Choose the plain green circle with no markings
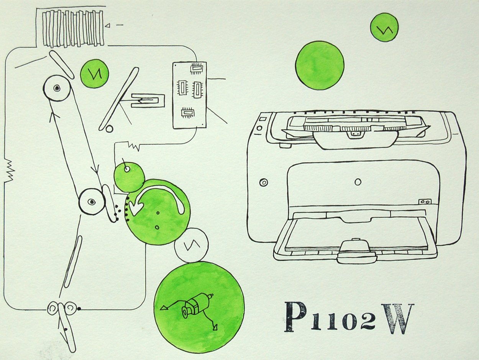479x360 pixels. click(x=320, y=65)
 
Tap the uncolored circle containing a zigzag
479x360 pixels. click(x=191, y=245)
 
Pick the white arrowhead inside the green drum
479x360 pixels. click(x=136, y=207)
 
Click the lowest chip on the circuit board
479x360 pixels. click(x=188, y=113)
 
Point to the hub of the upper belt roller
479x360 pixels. click(x=56, y=88)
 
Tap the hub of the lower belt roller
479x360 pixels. click(x=92, y=202)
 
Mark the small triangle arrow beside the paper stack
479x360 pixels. click(x=108, y=26)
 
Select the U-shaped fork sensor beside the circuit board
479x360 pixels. click(x=148, y=101)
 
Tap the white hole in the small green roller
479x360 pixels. click(x=127, y=169)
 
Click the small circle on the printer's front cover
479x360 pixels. click(x=358, y=182)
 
